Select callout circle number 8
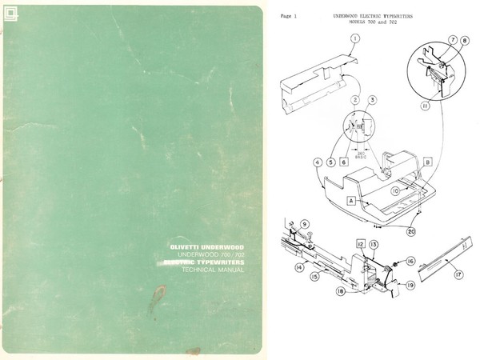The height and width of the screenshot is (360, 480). [x=466, y=42]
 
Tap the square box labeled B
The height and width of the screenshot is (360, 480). [x=426, y=161]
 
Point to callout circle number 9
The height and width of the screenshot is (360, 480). [x=305, y=223]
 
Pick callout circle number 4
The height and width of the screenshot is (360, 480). [x=318, y=162]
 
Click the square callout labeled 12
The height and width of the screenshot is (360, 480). [x=362, y=242]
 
